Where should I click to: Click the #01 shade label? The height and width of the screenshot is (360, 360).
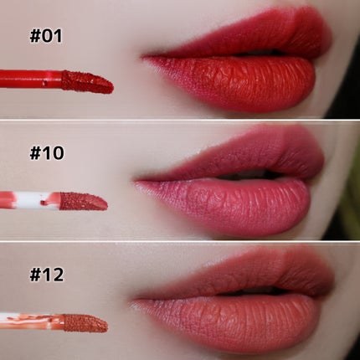click(x=46, y=36)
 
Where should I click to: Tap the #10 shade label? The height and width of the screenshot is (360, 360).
click(x=47, y=153)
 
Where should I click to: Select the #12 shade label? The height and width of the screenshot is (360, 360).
click(x=47, y=275)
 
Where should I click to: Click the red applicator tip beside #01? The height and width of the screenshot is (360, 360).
click(x=88, y=82)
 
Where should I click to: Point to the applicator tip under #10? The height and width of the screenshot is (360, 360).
click(x=84, y=201)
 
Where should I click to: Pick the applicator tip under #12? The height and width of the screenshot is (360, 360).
click(x=85, y=323)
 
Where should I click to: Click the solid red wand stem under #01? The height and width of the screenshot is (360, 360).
click(x=31, y=80)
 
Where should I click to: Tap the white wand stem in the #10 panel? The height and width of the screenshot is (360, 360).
click(x=30, y=200)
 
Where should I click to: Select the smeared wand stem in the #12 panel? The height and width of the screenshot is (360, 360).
click(x=32, y=321)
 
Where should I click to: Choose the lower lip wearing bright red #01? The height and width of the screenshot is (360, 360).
click(x=237, y=81)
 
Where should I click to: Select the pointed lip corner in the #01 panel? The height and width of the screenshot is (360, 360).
click(x=141, y=58)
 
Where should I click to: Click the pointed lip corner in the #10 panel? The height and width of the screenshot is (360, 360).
click(x=135, y=182)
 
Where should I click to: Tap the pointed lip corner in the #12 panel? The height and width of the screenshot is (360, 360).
click(x=131, y=301)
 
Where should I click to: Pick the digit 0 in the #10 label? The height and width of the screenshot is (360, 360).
click(x=59, y=153)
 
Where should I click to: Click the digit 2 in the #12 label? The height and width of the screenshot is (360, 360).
click(x=58, y=275)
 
